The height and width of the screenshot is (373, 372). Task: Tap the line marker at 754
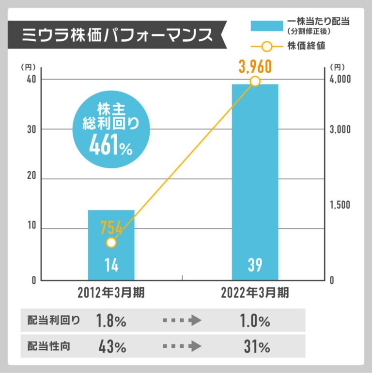point(111,243)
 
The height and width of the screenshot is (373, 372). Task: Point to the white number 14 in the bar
point(111,265)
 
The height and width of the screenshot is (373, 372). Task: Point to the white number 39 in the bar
point(255,265)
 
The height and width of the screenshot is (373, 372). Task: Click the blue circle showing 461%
point(111,128)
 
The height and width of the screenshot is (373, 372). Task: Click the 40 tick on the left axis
point(32,79)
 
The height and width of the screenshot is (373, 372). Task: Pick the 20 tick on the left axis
point(32,179)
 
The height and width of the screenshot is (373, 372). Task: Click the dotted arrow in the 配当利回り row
point(182,321)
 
